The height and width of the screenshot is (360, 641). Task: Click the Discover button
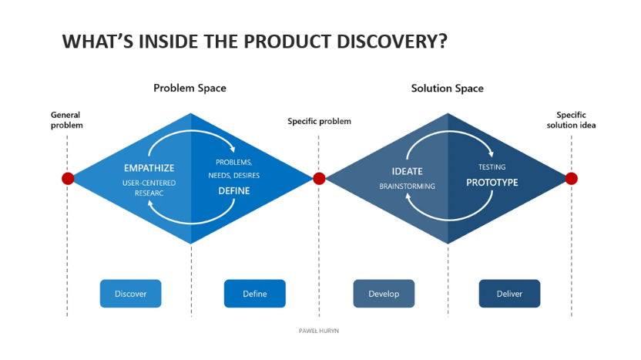[130, 294]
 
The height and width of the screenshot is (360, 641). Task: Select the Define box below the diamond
[254, 294]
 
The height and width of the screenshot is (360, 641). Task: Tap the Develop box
[384, 294]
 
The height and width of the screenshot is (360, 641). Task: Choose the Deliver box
[509, 294]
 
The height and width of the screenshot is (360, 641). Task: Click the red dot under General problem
[68, 179]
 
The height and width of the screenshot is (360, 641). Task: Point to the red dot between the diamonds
[319, 179]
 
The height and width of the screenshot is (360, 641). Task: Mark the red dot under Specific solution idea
[571, 179]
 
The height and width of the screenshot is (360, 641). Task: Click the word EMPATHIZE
[149, 168]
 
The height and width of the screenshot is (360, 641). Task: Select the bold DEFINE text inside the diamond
[233, 190]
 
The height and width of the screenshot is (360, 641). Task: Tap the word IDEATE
[407, 171]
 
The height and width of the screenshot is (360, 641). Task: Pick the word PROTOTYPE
[492, 183]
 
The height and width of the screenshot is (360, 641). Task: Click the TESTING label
[492, 167]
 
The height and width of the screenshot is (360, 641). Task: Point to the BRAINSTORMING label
[407, 187]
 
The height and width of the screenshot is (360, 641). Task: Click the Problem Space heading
[190, 88]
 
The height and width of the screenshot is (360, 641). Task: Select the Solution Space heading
[447, 88]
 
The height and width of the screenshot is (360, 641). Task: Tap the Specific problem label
[319, 121]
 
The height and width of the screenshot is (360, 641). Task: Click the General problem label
[66, 119]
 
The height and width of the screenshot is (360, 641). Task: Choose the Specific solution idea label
[571, 119]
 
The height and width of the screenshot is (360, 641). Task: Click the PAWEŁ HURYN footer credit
[318, 330]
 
